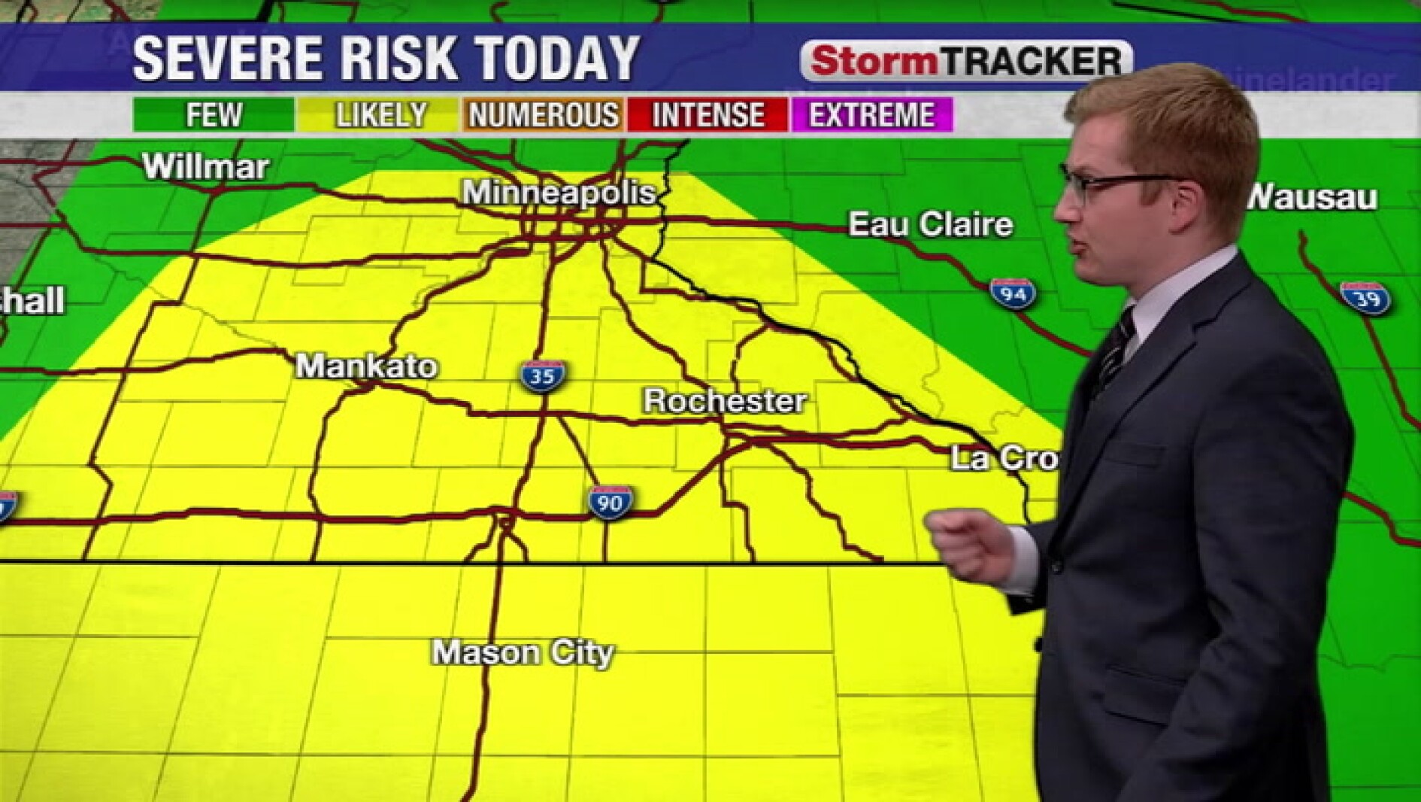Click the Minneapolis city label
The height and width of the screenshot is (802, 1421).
point(559,193)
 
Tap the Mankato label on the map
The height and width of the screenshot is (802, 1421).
point(366,366)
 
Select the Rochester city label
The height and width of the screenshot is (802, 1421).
point(725,401)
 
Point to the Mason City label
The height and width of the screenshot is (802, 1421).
point(523,652)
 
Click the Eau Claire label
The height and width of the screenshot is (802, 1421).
point(931,224)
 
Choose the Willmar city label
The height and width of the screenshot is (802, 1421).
point(205,166)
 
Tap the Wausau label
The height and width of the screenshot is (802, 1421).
point(1313,198)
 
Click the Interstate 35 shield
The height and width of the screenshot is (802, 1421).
point(542,375)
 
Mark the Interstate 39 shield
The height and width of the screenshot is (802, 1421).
point(1365,299)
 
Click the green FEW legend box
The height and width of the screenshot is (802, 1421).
point(214,115)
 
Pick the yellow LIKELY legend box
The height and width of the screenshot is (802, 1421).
point(379,115)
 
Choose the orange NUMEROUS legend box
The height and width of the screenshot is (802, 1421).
point(543,115)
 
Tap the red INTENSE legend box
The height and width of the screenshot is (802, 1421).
point(707,115)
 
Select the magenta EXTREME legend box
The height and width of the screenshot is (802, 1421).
point(872,115)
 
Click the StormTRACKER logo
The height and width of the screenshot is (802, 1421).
point(966,61)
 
